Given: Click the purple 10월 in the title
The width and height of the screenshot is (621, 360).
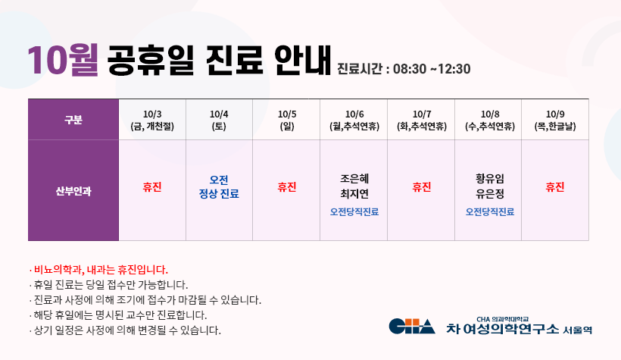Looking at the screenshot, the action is pyautogui.click(x=63, y=60).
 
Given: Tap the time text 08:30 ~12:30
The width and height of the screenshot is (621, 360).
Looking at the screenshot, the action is pyautogui.click(x=432, y=69).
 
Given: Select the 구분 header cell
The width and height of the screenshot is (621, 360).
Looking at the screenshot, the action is pyautogui.click(x=73, y=119).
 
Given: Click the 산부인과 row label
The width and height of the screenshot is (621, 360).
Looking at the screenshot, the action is pyautogui.click(x=73, y=191).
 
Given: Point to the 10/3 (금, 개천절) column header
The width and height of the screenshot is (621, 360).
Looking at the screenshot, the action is pyautogui.click(x=152, y=121).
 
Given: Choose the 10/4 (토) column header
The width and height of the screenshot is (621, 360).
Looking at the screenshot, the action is pyautogui.click(x=219, y=121).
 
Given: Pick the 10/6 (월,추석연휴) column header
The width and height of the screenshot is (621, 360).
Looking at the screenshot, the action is pyautogui.click(x=354, y=121).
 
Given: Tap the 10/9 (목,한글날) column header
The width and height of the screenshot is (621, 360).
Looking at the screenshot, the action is pyautogui.click(x=555, y=121).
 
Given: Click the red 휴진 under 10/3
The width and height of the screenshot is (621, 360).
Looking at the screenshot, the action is pyautogui.click(x=152, y=186).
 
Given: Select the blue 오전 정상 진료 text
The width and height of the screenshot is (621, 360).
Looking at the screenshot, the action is pyautogui.click(x=219, y=186).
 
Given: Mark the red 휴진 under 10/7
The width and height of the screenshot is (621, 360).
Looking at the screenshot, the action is pyautogui.click(x=421, y=186).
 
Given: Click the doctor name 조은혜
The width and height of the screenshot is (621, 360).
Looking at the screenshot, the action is pyautogui.click(x=354, y=178).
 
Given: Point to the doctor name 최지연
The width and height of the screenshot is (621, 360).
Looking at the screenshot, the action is pyautogui.click(x=354, y=193).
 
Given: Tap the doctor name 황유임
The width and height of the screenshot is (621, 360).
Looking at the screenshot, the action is pyautogui.click(x=490, y=178).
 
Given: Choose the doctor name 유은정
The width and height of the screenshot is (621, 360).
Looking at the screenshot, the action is pyautogui.click(x=490, y=193).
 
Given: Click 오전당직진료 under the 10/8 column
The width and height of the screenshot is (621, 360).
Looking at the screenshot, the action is pyautogui.click(x=490, y=211).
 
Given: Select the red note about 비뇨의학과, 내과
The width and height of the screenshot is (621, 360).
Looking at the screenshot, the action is pyautogui.click(x=98, y=270).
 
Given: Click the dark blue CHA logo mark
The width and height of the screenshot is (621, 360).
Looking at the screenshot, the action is pyautogui.click(x=412, y=327).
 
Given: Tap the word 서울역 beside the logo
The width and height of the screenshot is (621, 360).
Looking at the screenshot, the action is pyautogui.click(x=577, y=330).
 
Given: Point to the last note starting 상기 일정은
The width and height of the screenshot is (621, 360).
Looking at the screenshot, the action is pyautogui.click(x=125, y=330).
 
